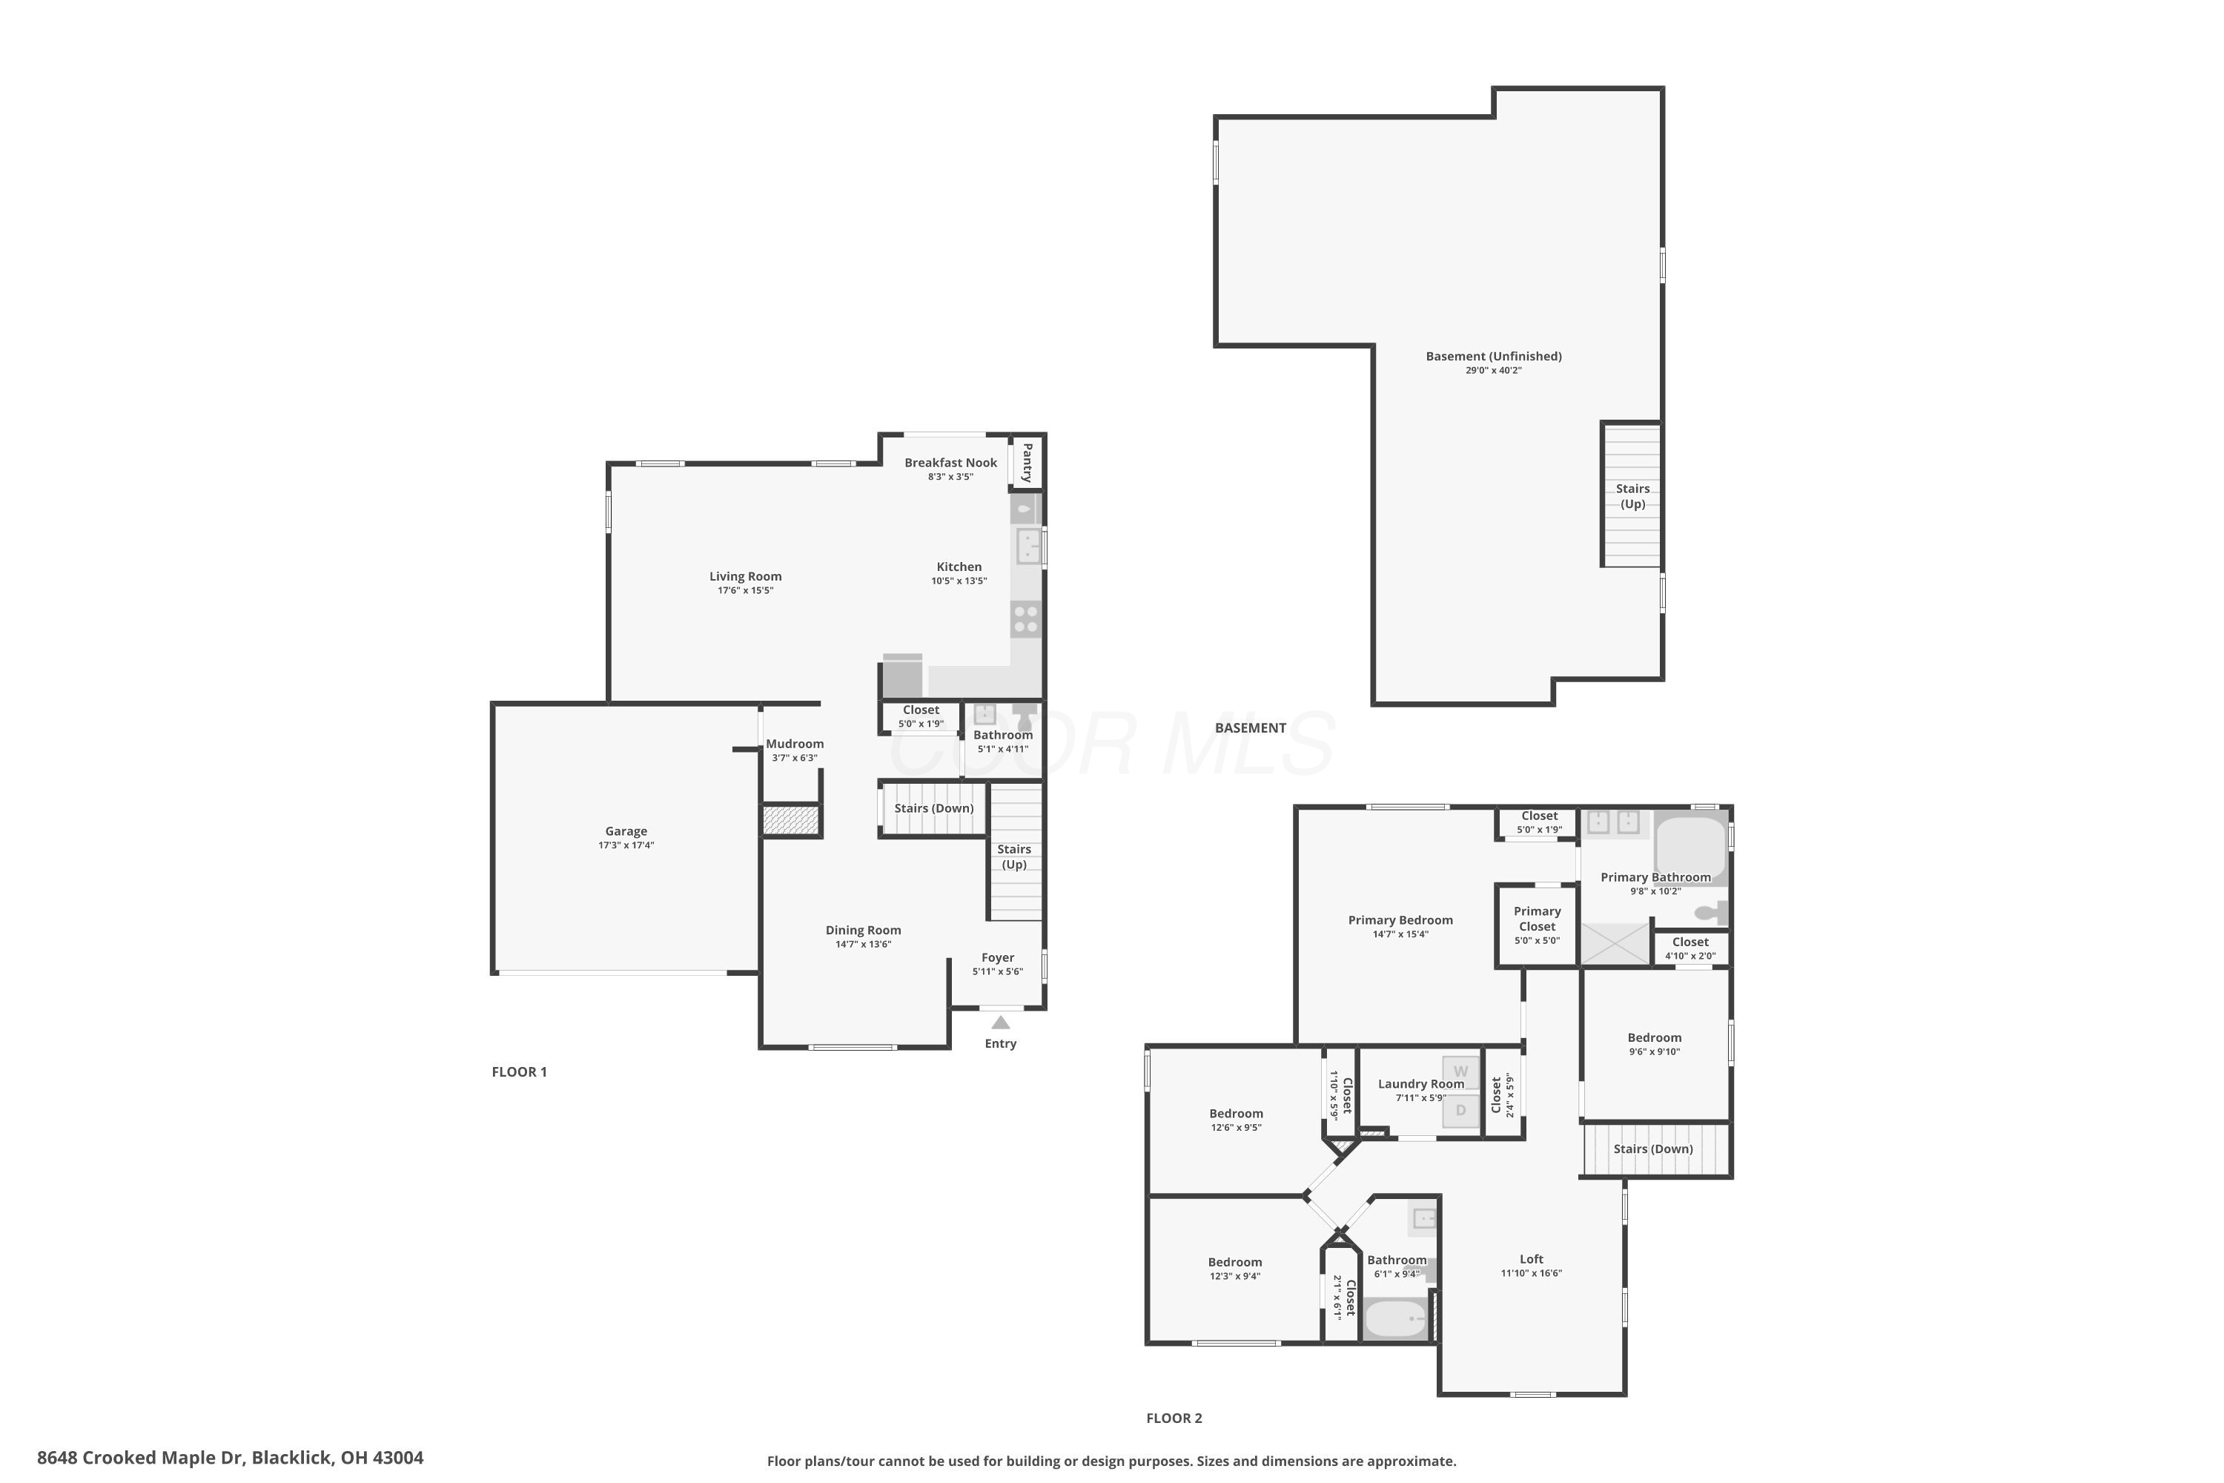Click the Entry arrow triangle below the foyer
click(x=1000, y=1023)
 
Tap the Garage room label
click(x=626, y=831)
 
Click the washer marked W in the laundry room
click(x=1461, y=1071)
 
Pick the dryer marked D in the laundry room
click(x=1461, y=1110)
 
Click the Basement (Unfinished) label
click(x=1493, y=357)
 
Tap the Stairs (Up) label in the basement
click(x=1632, y=495)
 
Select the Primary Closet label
click(x=1537, y=919)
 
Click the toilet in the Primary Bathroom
click(x=1710, y=913)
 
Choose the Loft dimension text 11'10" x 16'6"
click(x=1531, y=1273)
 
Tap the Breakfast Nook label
click(x=950, y=463)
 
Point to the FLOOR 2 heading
click(x=1174, y=1418)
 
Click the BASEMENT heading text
click(x=1250, y=727)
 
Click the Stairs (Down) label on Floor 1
click(x=933, y=807)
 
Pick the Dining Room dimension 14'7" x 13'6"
click(x=862, y=944)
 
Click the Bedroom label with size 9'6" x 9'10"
click(x=1654, y=1037)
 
